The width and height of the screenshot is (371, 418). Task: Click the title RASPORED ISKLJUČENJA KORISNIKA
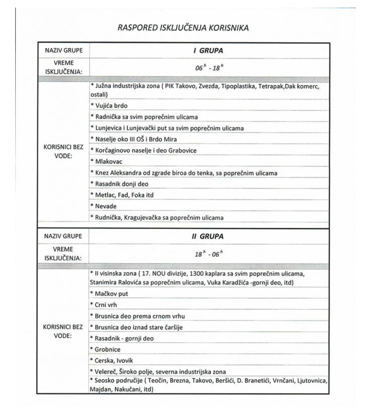pos(183,28)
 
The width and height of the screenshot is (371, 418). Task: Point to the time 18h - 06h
pos(209,254)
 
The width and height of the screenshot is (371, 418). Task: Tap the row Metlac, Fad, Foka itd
pos(122,195)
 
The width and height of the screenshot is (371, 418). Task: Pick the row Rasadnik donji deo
pos(120,184)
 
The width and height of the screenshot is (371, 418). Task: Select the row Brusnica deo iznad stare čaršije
pos(136,327)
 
